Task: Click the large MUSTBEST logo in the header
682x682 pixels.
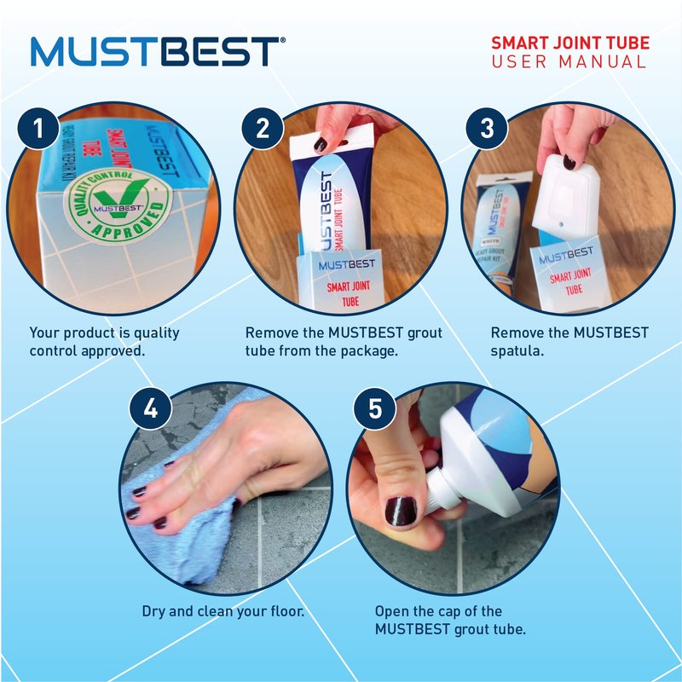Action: tap(159, 51)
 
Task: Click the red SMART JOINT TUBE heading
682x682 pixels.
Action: tap(570, 43)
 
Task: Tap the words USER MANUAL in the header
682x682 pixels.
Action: tap(569, 61)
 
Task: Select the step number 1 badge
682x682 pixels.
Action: tap(38, 129)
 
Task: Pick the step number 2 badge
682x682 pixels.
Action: tap(263, 129)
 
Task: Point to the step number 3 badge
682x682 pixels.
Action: tap(487, 129)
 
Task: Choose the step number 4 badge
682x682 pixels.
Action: tap(151, 409)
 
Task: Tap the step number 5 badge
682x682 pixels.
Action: tap(375, 409)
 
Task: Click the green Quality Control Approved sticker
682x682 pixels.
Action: tap(118, 205)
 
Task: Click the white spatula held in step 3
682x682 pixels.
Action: tap(566, 196)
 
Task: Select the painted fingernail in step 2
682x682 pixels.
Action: tap(321, 144)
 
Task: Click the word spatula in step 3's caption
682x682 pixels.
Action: tap(517, 351)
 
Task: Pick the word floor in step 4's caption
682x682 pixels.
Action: tap(287, 611)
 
